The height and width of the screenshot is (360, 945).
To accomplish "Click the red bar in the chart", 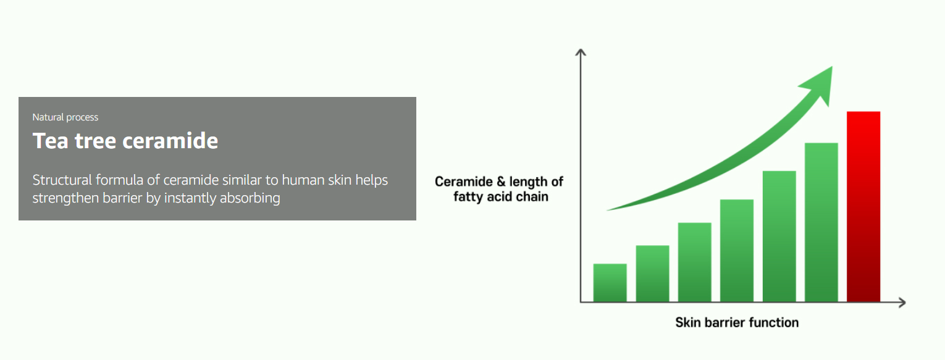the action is point(863,207).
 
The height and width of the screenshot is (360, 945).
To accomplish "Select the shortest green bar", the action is point(610,283).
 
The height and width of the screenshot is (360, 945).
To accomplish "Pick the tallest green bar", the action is point(821,222).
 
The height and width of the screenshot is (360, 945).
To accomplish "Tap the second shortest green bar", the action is point(652,274).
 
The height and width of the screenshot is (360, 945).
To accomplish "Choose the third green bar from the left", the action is point(694,262).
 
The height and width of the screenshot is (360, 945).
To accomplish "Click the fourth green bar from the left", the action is point(737,251).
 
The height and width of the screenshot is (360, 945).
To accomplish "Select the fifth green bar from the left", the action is point(779,236).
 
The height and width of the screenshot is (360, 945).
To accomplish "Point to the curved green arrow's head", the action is point(818,85).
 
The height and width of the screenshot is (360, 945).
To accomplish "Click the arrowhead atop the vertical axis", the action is point(581,52).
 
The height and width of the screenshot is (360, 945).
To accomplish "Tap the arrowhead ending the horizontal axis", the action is point(902,302).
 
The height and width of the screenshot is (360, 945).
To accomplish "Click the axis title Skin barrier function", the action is point(737,322).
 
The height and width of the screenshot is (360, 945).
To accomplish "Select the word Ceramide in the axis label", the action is point(464,182).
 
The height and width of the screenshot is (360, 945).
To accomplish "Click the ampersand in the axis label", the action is point(501,182).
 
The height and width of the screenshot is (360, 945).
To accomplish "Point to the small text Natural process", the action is point(65,117).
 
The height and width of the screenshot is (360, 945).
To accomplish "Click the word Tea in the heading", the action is point(50,141).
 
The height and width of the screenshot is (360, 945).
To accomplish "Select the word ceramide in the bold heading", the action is point(170,141).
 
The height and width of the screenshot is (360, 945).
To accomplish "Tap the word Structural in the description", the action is point(62,180).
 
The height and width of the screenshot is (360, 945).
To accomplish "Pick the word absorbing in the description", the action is point(250,198).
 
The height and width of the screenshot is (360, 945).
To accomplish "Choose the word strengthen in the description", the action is point(66,198).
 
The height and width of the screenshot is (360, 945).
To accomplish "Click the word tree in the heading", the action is point(95,141).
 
